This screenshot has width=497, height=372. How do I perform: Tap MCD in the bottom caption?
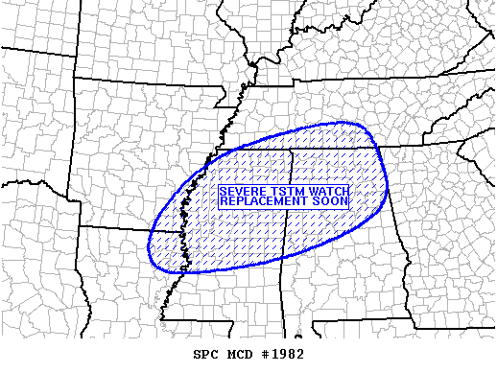coord(242,354)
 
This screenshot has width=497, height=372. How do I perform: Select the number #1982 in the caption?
coord(283,354)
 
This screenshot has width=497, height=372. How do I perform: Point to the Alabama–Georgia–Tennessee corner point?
coord(376,147)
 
